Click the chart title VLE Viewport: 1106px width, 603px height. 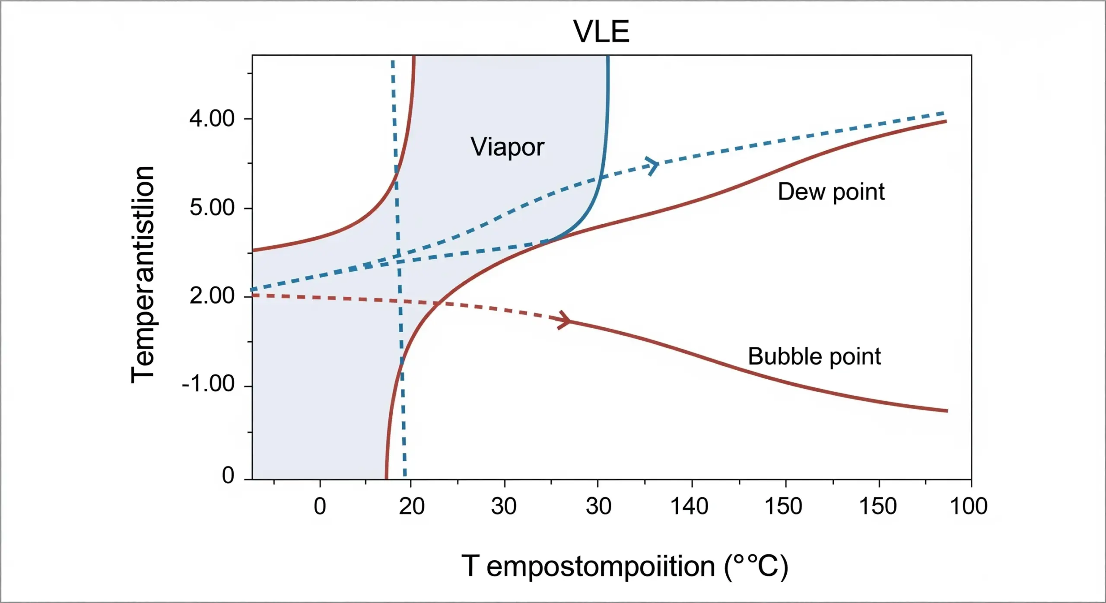601,32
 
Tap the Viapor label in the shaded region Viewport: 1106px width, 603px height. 507,147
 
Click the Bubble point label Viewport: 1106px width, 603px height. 814,356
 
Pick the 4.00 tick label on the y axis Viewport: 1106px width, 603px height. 212,118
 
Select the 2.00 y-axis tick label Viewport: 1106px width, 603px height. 212,296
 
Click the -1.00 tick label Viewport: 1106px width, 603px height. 208,384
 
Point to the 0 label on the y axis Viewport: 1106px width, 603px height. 228,475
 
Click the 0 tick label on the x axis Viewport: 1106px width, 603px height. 320,506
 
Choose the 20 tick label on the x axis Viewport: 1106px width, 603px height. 411,506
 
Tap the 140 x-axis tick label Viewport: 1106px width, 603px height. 689,506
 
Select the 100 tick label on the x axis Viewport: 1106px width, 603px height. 969,506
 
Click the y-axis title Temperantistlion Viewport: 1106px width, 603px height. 143,275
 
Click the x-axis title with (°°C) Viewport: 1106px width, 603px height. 625,566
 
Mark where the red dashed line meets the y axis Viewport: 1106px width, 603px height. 253,295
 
